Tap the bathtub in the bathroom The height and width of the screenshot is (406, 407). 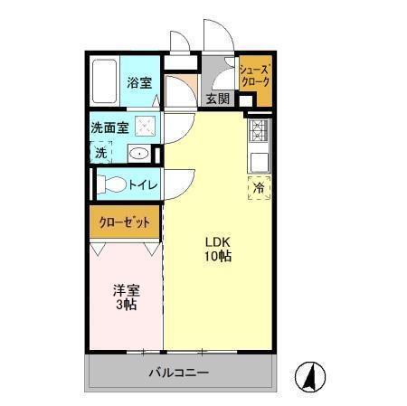(105, 81)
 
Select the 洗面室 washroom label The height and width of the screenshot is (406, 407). (109, 127)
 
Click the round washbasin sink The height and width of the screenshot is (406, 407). (138, 154)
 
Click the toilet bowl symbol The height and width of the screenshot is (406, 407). (113, 184)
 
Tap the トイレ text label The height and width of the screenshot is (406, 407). (143, 185)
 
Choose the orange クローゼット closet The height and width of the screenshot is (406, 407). (124, 222)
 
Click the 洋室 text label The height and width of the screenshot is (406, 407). (126, 290)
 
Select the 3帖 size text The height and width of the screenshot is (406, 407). (126, 306)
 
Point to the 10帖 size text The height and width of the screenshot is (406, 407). (217, 258)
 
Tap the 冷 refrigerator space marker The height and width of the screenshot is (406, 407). (258, 189)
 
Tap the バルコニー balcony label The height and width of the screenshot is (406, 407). (178, 373)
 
